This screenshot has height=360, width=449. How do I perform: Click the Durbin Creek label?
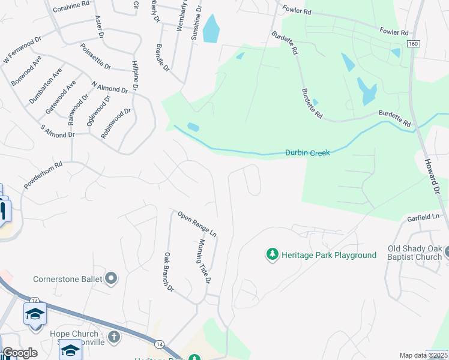point(307,153)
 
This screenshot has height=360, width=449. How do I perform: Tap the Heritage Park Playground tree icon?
point(273,255)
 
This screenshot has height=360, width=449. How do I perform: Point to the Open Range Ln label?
point(196,223)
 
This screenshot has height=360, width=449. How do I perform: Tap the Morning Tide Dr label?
point(204,261)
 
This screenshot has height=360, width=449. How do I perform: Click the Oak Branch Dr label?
point(169,272)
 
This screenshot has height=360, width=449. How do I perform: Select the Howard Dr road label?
point(435,175)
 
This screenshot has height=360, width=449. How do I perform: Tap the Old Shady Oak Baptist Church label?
point(415,253)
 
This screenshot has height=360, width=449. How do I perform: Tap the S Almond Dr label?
point(57,130)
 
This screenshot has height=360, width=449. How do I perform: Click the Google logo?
point(20,353)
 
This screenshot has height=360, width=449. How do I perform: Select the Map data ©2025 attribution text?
point(423,355)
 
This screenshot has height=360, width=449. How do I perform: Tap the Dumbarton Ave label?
point(45,87)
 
